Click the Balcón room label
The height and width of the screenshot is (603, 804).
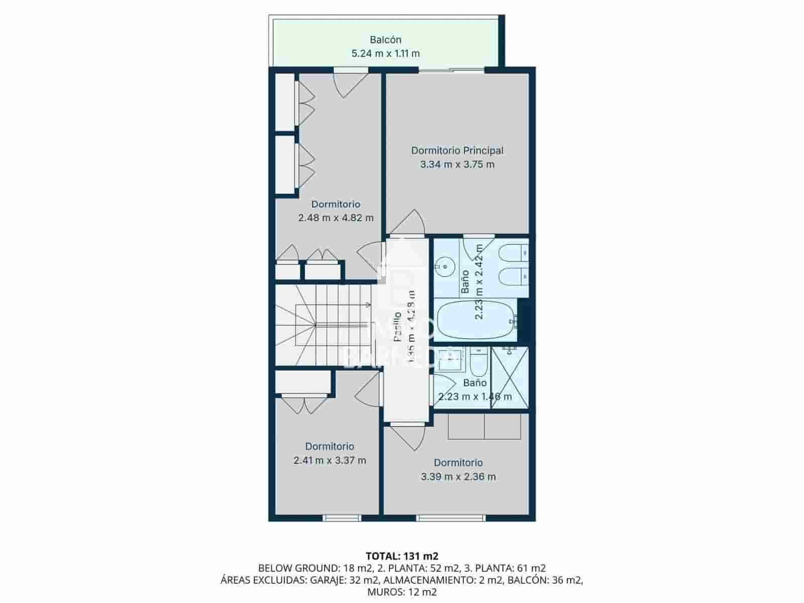tap(385, 40)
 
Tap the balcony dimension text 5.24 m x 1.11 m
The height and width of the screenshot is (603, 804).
tap(385, 53)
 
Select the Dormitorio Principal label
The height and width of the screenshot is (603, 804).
tap(457, 150)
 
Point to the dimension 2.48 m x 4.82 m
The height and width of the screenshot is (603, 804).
tap(336, 218)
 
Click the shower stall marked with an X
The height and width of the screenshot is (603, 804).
tap(510, 377)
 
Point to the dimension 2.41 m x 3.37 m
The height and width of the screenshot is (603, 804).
tap(330, 460)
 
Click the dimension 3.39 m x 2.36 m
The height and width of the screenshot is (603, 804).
tap(458, 477)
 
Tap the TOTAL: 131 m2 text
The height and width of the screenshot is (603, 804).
tap(401, 556)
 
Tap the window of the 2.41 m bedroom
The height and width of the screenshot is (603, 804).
tap(342, 518)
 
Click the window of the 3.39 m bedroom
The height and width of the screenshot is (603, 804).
tap(450, 518)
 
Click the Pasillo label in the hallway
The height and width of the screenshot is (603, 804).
tap(397, 327)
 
